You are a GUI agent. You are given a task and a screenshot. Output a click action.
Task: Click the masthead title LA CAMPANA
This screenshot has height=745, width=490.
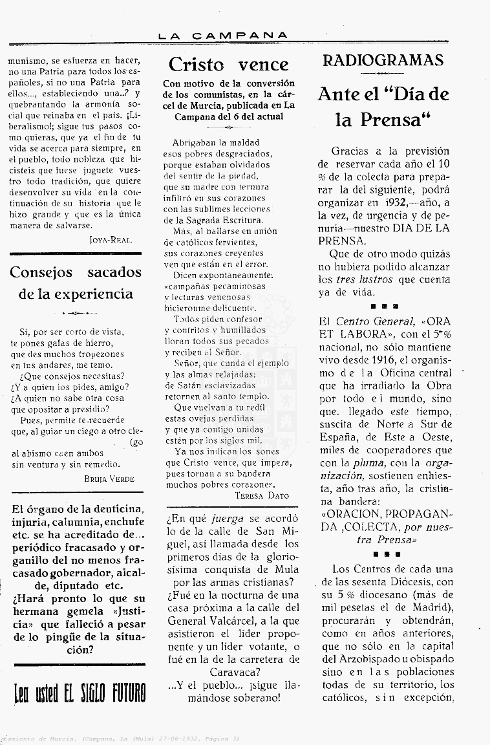223,36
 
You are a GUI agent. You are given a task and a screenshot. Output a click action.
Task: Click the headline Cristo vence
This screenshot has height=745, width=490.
228,64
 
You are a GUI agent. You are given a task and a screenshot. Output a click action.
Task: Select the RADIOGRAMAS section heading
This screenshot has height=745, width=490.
383,60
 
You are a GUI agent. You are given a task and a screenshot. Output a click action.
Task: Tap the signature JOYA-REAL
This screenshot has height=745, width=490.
111,239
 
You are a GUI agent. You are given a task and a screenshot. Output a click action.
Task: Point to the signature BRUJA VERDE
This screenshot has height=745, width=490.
109,479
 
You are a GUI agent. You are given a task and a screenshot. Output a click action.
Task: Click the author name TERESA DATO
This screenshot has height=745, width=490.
262,495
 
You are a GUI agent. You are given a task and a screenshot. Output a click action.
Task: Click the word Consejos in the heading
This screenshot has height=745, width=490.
41,272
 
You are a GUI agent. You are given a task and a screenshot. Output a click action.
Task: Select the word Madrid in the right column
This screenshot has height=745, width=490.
429,609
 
